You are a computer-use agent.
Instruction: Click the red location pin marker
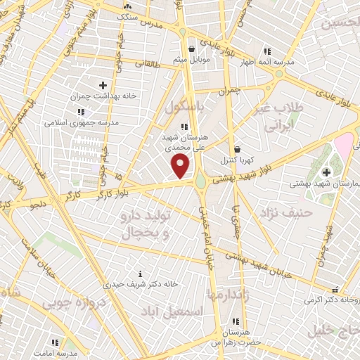181,167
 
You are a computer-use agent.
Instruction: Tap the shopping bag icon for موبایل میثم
192,49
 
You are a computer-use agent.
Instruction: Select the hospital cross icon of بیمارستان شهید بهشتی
326,172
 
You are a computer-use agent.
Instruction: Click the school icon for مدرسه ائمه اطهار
266,51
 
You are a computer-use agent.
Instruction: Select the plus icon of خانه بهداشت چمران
103,85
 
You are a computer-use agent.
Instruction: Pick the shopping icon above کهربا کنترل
237,149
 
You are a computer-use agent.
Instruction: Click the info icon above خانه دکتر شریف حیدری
140,274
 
